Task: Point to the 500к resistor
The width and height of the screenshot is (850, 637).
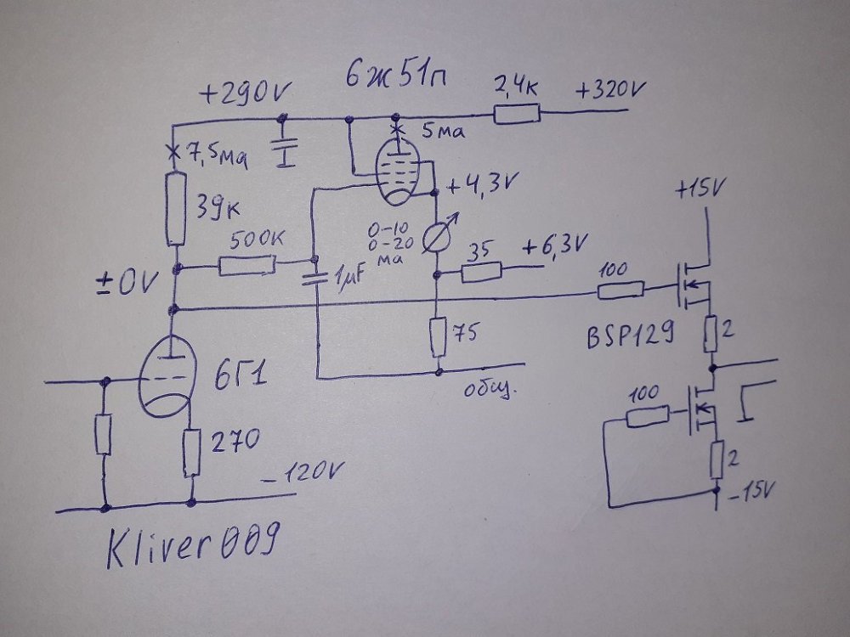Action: pyautogui.click(x=246, y=267)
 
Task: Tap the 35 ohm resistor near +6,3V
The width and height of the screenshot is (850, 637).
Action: pyautogui.click(x=482, y=273)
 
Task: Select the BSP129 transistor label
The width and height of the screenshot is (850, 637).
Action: pyautogui.click(x=628, y=338)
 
